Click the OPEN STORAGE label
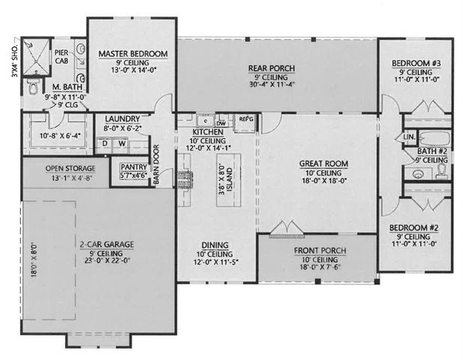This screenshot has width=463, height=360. (70, 167)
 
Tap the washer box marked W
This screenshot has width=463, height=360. (121, 142)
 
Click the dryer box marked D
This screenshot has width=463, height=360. (105, 142)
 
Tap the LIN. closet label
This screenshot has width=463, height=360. (410, 137)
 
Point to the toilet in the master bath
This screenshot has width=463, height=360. (32, 88)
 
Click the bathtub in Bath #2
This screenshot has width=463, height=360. (430, 138)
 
